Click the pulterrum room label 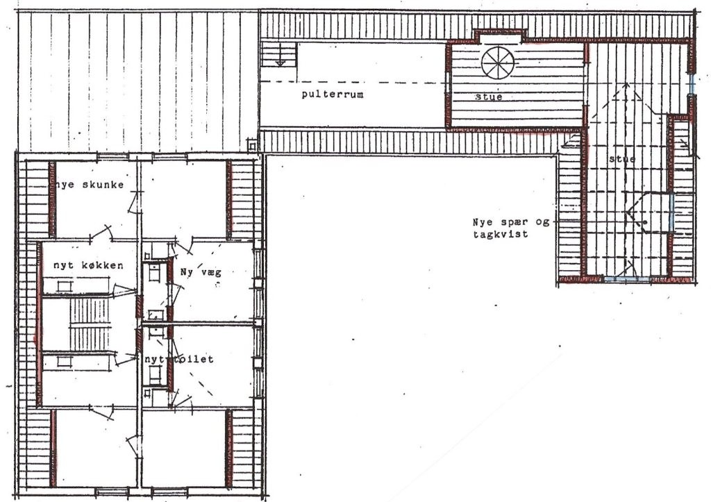[x=333, y=95]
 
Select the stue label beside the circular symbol [x=488, y=97]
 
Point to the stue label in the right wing [x=622, y=159]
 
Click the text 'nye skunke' [x=86, y=184]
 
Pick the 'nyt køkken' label [x=88, y=265]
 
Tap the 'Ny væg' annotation [x=201, y=273]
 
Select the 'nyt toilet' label [x=178, y=359]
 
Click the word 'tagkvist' [x=501, y=235]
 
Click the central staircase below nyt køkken [x=90, y=324]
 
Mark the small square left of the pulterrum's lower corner [x=252, y=145]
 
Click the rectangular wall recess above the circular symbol [x=501, y=36]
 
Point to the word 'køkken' [x=102, y=265]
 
